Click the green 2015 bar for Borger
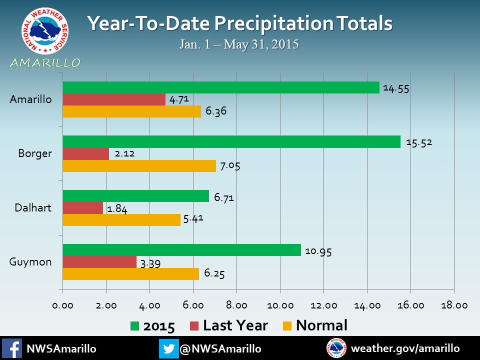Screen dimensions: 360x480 coord(231,141)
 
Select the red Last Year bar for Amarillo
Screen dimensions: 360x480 coord(114,99)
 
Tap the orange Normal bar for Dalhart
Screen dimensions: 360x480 coord(121,220)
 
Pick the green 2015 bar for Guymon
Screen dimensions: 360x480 coord(181,250)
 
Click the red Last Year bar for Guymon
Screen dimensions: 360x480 coord(99,262)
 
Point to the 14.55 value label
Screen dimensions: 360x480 coord(395,88)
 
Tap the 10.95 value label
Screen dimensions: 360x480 coord(318,251)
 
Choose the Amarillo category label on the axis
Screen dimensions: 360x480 coord(31,99)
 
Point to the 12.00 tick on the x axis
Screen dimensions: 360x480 coord(323,305)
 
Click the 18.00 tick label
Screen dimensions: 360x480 coord(454,305)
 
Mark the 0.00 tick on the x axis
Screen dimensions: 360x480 coord(62,305)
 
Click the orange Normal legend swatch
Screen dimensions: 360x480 coord(286,326)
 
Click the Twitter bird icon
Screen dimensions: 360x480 coord(168,348)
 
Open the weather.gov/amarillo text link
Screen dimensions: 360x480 coord(405,348)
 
